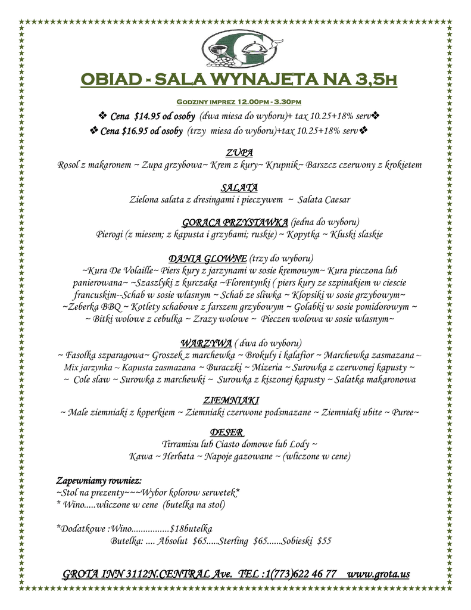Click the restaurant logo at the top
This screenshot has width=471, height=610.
pyautogui.click(x=239, y=49)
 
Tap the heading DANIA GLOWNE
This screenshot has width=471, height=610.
pyautogui.click(x=208, y=259)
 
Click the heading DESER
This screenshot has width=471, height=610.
pyautogui.click(x=227, y=432)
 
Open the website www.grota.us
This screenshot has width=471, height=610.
pyautogui.click(x=378, y=574)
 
